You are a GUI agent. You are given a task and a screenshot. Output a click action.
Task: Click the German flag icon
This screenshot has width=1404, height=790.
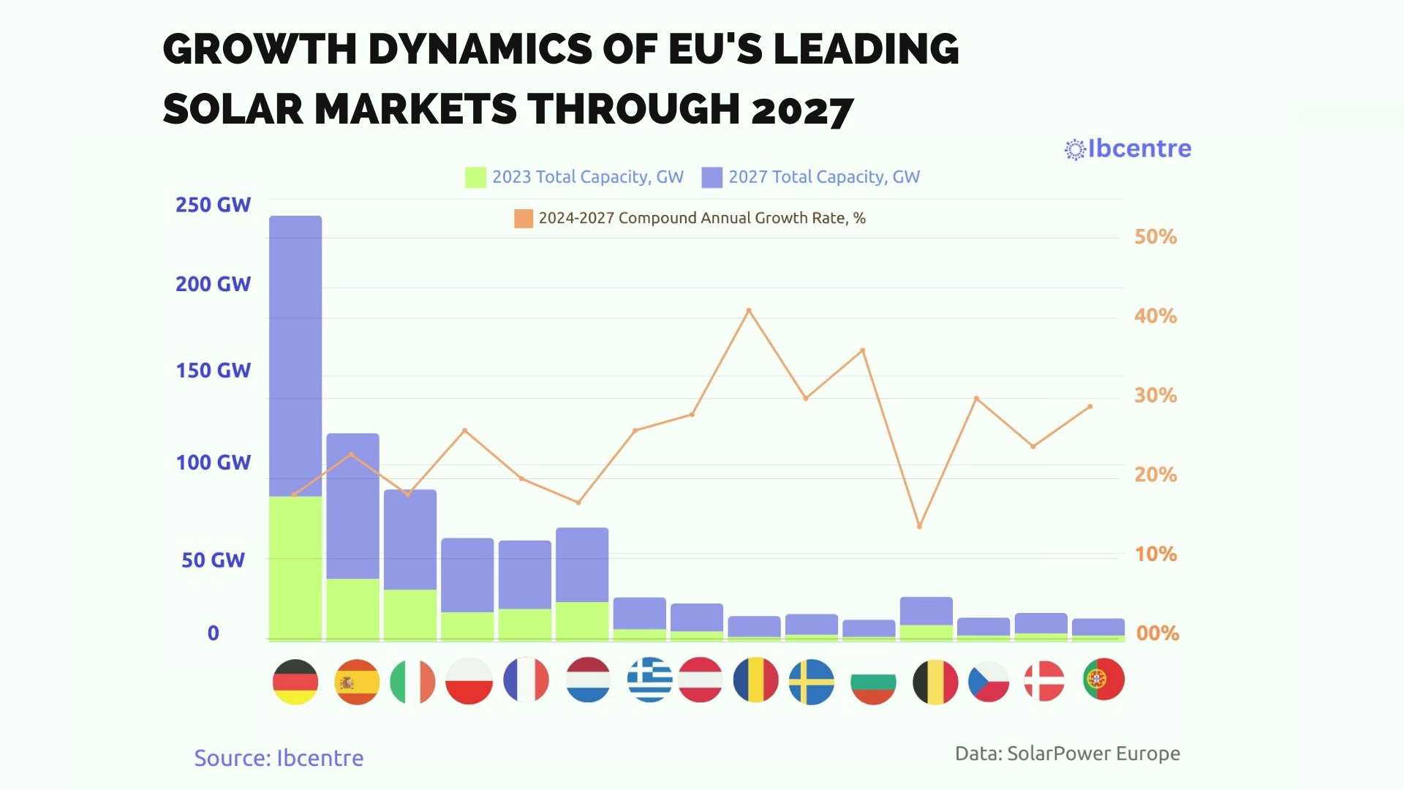(x=295, y=681)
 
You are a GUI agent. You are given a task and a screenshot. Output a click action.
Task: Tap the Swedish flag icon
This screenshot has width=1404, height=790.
(x=812, y=681)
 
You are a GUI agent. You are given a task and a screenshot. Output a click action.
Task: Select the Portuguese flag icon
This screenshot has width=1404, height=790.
(x=1103, y=680)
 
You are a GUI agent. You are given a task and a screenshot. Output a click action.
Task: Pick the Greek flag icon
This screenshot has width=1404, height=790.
(x=649, y=680)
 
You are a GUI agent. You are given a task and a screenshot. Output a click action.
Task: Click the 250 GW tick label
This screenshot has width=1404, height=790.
(x=213, y=205)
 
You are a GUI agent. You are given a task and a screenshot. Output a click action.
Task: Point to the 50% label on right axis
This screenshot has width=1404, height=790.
(x=1155, y=237)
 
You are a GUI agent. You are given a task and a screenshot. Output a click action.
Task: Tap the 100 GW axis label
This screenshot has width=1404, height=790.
(x=213, y=462)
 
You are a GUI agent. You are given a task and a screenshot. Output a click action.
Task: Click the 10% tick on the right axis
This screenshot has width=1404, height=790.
(x=1155, y=554)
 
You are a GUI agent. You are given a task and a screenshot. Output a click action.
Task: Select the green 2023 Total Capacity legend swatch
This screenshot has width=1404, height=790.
(x=475, y=177)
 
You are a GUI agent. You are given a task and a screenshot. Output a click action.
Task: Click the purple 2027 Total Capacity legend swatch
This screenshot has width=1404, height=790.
(x=712, y=177)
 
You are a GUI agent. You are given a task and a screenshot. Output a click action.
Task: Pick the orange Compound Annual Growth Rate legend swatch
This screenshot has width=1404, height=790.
(x=524, y=218)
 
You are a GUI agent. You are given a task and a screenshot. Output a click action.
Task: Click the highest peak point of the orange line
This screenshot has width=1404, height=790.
(x=749, y=310)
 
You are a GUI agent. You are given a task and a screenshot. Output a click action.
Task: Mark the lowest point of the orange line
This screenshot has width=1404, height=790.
(x=919, y=527)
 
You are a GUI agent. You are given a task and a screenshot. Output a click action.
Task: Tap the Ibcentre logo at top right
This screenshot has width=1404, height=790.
(x=1128, y=149)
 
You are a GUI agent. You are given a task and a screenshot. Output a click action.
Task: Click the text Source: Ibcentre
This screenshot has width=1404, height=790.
(x=279, y=758)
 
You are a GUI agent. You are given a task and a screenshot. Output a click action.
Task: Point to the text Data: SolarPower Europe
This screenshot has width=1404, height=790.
(x=1067, y=753)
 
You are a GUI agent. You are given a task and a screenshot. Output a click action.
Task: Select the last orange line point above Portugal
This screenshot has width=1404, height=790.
(x=1090, y=407)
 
